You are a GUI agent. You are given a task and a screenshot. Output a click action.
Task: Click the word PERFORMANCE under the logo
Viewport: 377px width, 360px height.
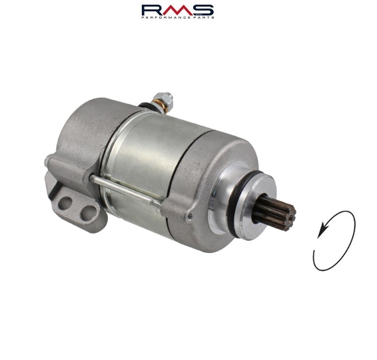pos(167,18)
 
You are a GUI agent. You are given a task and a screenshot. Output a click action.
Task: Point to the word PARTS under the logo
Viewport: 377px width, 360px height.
pos(204,18)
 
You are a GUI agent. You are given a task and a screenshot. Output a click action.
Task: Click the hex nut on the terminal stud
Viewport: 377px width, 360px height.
pos(166,98)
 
